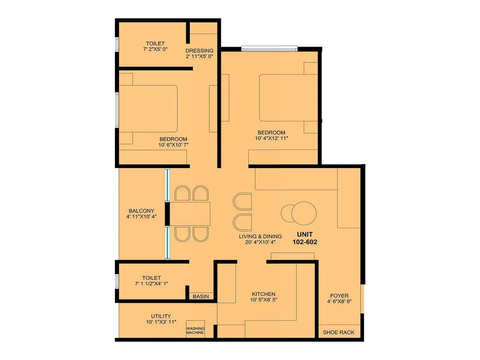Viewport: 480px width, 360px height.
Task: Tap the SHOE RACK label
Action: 338,332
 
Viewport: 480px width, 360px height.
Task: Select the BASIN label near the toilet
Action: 201,296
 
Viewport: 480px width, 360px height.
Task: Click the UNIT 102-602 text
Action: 305,238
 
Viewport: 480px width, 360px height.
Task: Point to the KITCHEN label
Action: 263,294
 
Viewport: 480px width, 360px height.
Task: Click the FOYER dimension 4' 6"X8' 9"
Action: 339,301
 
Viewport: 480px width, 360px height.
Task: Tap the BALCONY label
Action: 141,211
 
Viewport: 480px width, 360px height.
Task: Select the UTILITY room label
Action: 161,316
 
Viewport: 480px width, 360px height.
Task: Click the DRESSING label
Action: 199,51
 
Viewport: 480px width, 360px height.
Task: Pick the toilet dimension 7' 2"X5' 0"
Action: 155,49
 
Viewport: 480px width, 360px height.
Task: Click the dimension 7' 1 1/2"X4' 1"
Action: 151,283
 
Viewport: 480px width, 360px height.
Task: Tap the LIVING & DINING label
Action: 260,236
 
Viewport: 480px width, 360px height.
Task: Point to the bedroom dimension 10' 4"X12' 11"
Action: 271,138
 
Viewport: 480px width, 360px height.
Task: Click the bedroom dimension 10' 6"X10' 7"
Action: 173,145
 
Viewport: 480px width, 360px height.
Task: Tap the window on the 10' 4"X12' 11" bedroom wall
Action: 269,49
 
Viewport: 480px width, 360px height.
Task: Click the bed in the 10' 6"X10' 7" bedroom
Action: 148,109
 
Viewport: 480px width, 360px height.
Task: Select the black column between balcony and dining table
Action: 167,214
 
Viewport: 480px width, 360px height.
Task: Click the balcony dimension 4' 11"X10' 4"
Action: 141,217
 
